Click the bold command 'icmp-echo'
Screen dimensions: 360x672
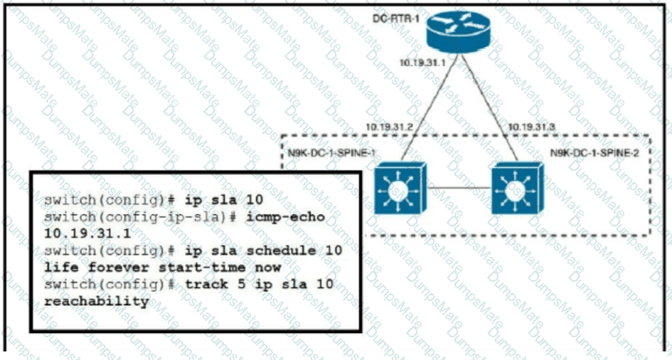(x=291, y=216)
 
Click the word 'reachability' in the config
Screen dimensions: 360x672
(x=97, y=302)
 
